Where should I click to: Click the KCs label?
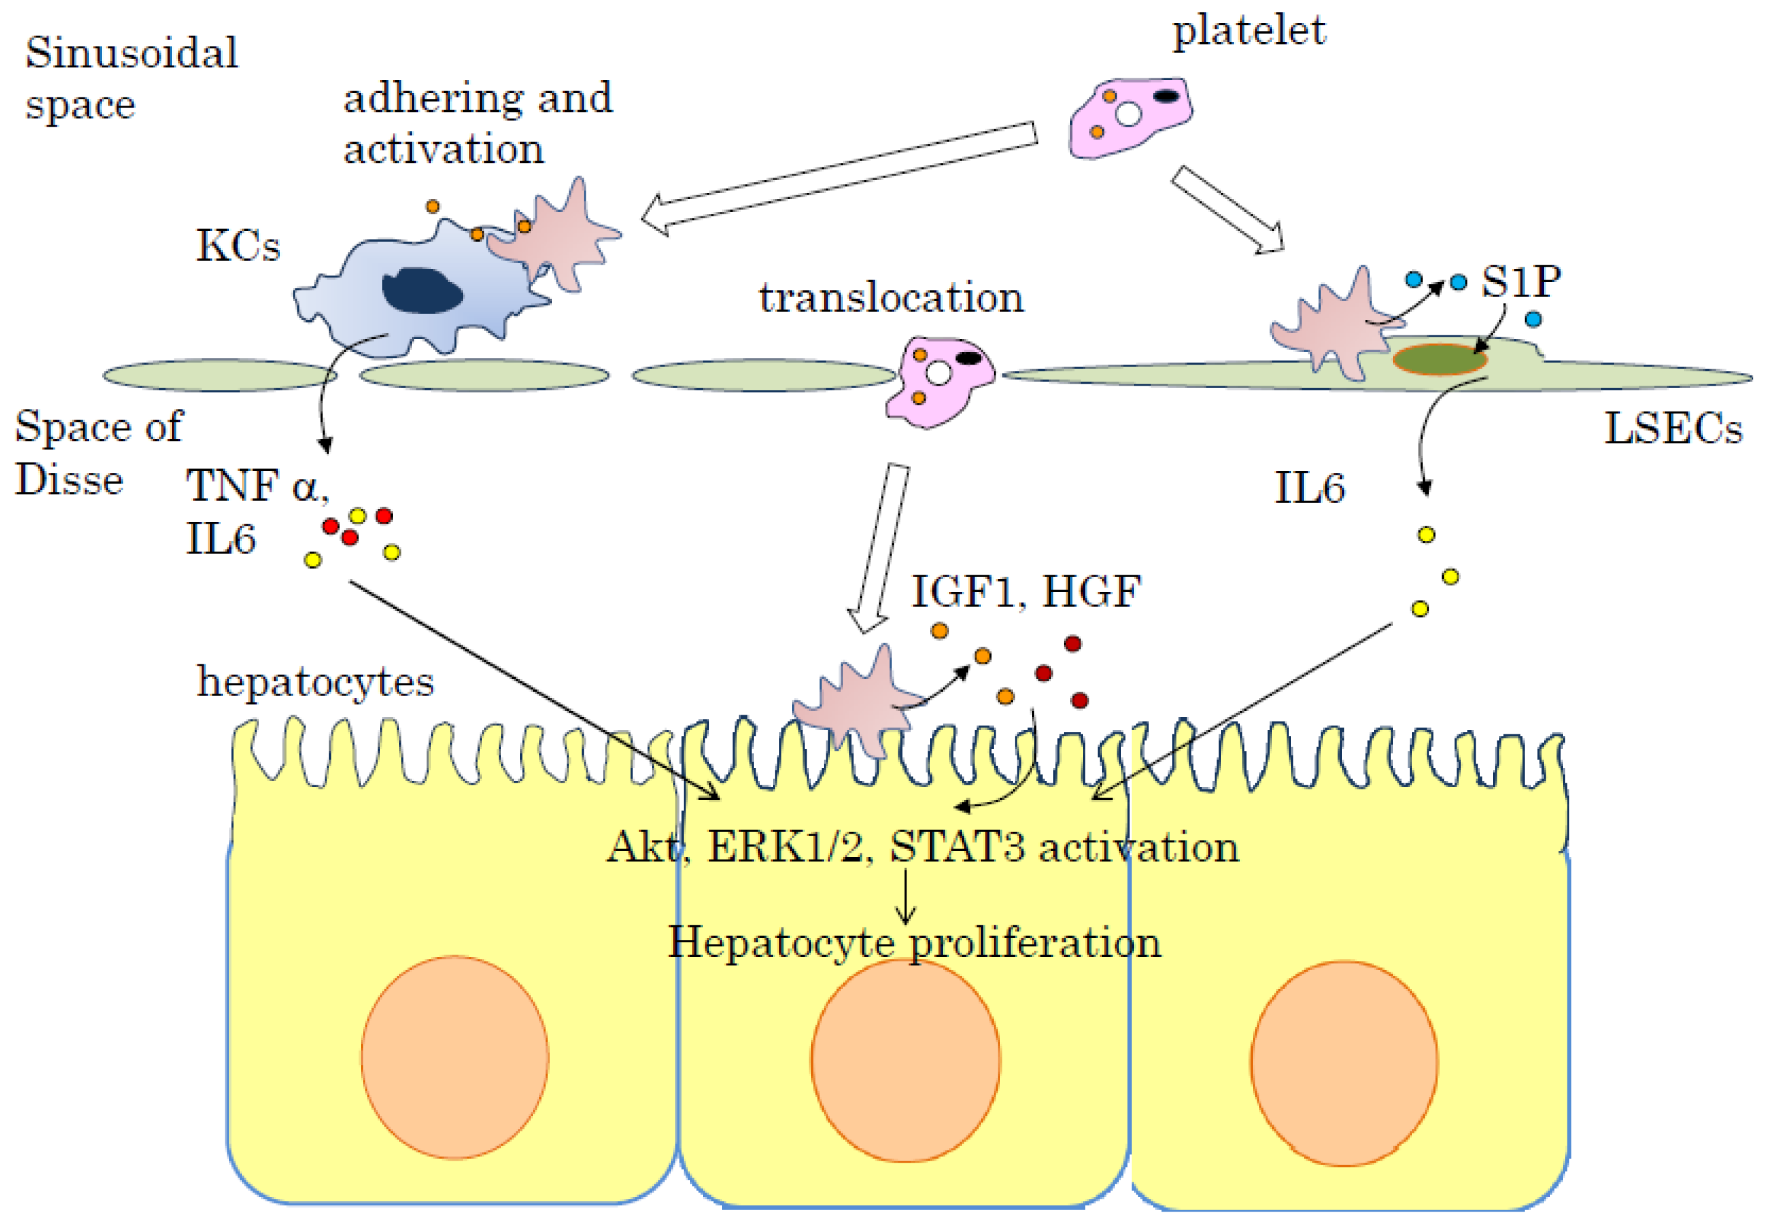(x=238, y=246)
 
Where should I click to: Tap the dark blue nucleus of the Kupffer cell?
(x=421, y=291)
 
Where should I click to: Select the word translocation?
(x=891, y=298)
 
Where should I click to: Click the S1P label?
(x=1520, y=282)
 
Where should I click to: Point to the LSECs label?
(x=1672, y=428)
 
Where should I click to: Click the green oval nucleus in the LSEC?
(x=1439, y=359)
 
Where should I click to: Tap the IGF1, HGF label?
(x=1026, y=592)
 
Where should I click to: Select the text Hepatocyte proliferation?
(x=914, y=942)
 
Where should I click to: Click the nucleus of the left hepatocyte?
(x=455, y=1057)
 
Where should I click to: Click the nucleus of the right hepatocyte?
(x=1344, y=1063)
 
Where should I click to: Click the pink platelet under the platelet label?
(x=1129, y=118)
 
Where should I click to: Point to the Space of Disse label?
(x=98, y=453)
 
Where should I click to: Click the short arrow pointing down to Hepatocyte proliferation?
(x=905, y=897)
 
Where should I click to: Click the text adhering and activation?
(x=477, y=123)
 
